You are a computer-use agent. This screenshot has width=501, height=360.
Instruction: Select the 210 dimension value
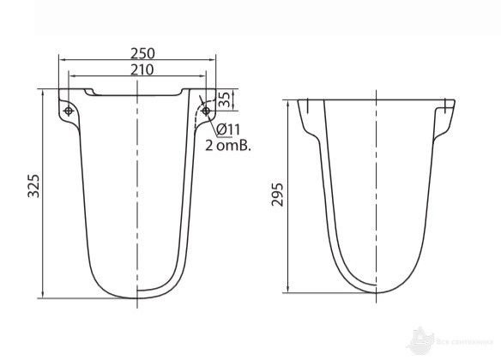(x=137, y=69)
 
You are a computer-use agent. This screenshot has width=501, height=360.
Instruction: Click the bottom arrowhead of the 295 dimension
(x=289, y=291)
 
